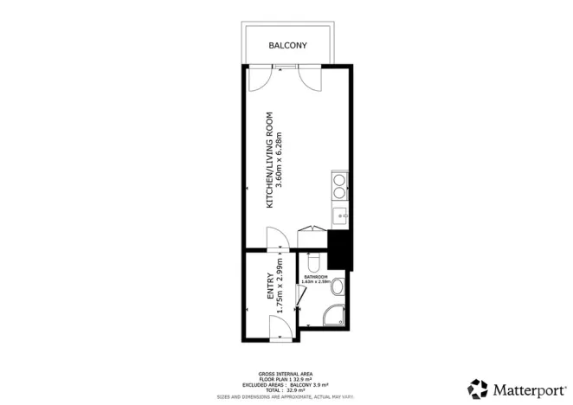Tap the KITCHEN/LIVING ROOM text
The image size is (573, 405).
click(x=270, y=160)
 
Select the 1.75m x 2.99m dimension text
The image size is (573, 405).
click(x=280, y=287)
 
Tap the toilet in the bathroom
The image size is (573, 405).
click(x=315, y=259)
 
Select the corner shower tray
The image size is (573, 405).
click(x=334, y=318)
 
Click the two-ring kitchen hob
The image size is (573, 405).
click(x=338, y=183)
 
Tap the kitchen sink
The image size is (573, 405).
click(x=339, y=215)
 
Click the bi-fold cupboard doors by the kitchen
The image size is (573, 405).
click(x=312, y=230)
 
